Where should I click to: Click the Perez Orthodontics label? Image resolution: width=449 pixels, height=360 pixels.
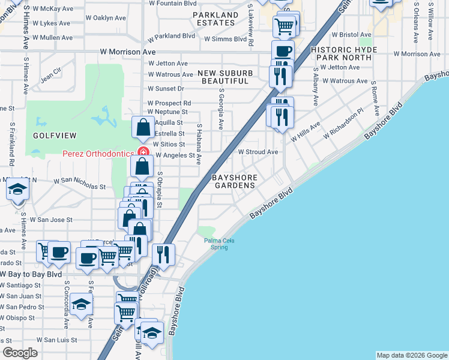(x=98, y=153)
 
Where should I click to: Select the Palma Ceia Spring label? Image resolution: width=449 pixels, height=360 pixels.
(x=218, y=244)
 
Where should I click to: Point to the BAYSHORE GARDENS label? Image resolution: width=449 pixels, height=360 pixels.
(x=235, y=182)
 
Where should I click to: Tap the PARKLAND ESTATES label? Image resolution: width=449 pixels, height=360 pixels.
(x=215, y=19)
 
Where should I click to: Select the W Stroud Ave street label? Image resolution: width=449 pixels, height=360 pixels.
(x=258, y=152)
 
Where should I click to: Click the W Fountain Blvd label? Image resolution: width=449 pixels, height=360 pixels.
(x=173, y=3)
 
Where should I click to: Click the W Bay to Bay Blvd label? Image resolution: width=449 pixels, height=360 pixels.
(x=34, y=274)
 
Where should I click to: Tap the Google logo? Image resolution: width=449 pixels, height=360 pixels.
(x=20, y=353)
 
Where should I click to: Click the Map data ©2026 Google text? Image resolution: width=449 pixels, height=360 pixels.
(x=412, y=355)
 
